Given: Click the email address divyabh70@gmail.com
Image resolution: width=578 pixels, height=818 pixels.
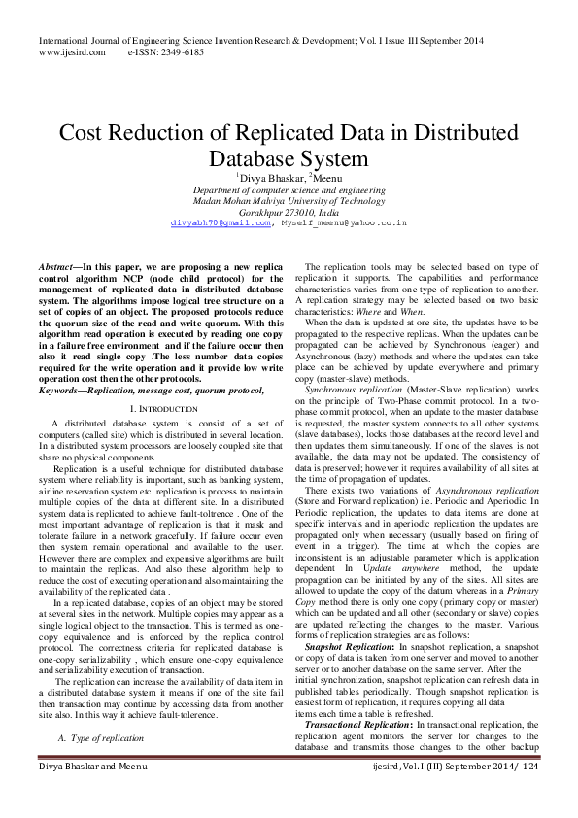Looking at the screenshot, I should click(x=221, y=222).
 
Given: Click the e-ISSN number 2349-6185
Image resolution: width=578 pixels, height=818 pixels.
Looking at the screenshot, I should click(x=180, y=51).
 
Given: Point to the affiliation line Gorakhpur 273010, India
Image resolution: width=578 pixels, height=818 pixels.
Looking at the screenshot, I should click(x=289, y=211).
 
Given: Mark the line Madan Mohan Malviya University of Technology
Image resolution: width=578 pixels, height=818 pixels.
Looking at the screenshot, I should click(x=289, y=200).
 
